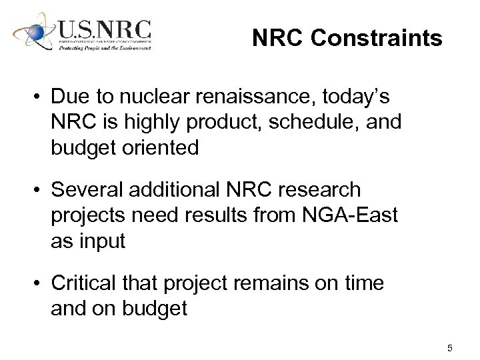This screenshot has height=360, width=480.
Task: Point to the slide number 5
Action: pyautogui.click(x=450, y=348)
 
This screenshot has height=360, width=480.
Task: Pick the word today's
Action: pyautogui.click(x=356, y=97)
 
